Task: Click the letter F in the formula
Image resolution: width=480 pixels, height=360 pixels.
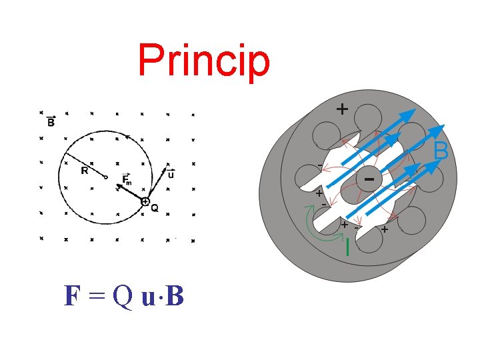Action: coord(72,295)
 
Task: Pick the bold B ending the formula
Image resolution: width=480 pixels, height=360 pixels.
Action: coord(174,295)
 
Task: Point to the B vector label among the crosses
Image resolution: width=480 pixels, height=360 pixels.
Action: coord(51,122)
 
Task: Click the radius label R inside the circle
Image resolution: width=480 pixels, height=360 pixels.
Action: coord(85,171)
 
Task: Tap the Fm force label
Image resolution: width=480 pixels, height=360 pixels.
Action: coord(127,178)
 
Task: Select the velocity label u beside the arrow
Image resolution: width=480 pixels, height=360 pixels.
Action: coord(171,175)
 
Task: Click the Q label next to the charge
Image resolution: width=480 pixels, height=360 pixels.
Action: coord(155,208)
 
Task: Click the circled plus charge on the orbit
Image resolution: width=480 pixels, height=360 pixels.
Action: coord(145,201)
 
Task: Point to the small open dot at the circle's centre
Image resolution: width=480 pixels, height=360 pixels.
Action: coord(105,177)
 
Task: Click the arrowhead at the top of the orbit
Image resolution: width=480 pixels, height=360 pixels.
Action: coord(127,136)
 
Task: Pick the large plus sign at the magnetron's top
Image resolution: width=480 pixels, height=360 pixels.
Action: coord(342,109)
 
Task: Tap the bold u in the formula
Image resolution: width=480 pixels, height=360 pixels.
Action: coord(149,297)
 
